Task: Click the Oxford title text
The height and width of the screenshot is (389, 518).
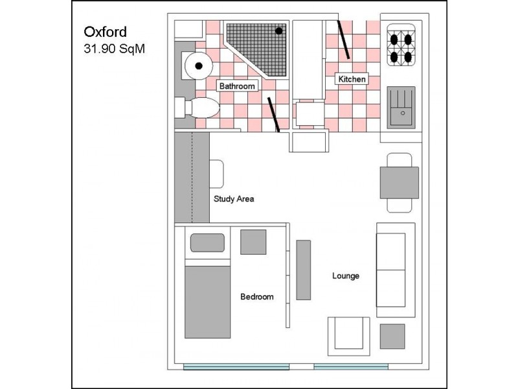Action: tap(105, 32)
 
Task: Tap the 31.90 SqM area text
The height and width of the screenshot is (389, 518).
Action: tap(115, 49)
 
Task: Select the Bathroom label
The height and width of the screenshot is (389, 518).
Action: tap(237, 86)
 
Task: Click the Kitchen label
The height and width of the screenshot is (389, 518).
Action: tap(352, 79)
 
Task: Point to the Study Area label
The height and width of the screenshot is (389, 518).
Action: tap(234, 199)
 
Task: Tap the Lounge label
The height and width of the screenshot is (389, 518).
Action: tap(346, 276)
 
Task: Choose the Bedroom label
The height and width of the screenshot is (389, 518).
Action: tap(256, 297)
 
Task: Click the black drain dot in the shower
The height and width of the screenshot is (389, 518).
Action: tap(279, 30)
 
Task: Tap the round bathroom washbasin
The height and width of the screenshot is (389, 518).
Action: tap(198, 66)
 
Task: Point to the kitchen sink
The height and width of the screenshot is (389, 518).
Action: tap(401, 107)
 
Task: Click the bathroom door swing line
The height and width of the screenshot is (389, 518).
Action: tap(273, 115)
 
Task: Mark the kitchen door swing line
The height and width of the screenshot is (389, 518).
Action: tap(343, 40)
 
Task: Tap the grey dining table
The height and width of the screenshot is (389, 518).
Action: tap(400, 183)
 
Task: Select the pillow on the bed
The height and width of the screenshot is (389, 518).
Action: tap(207, 242)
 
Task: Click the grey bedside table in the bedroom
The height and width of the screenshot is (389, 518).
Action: tap(253, 242)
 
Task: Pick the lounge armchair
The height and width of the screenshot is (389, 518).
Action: tap(349, 336)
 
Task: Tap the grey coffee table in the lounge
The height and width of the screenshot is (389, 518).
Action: tap(392, 336)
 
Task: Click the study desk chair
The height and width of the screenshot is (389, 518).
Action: tap(217, 174)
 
